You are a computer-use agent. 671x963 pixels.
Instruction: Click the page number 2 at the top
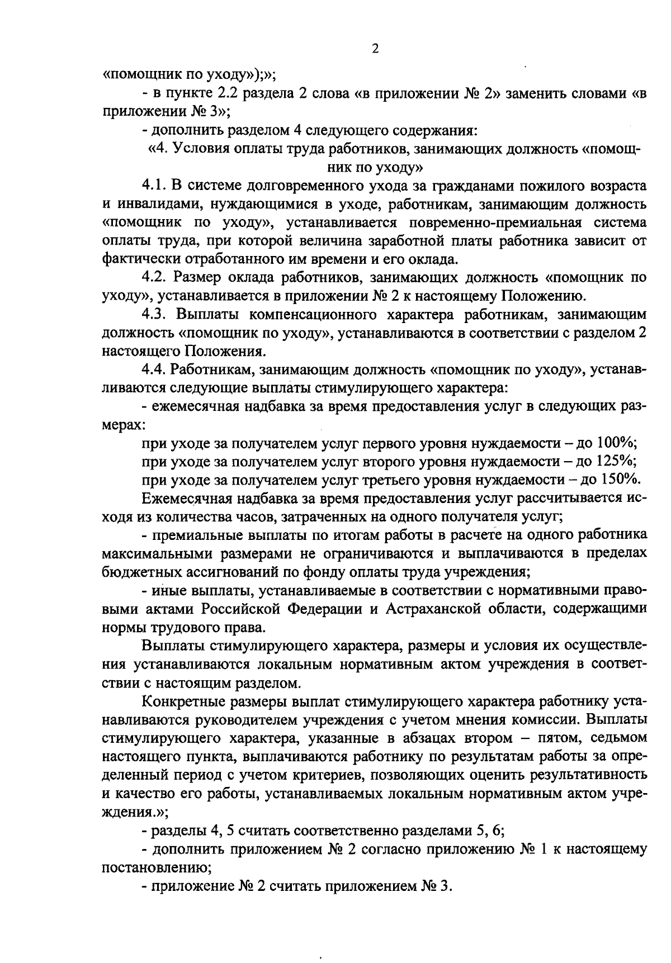[x=375, y=49]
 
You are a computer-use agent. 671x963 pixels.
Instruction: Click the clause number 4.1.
[x=154, y=186]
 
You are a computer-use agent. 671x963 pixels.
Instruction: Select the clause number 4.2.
[x=154, y=277]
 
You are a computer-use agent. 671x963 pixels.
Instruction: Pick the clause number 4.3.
[x=154, y=314]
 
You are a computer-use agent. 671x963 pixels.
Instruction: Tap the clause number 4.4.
[x=154, y=369]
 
